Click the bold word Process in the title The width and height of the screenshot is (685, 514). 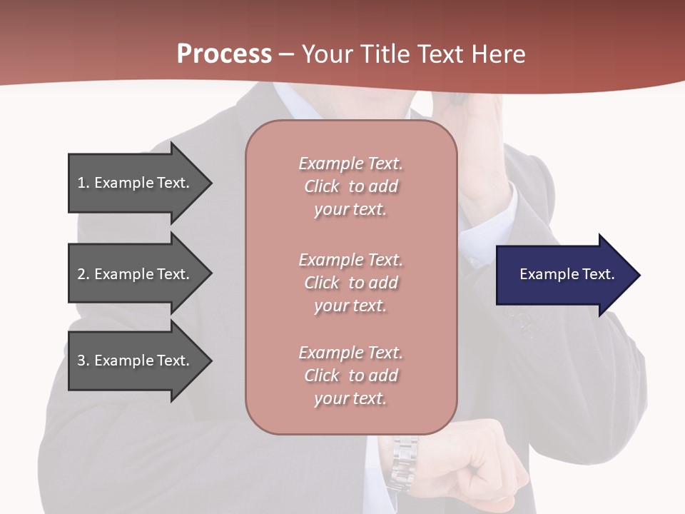click(224, 54)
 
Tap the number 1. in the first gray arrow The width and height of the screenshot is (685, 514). click(83, 183)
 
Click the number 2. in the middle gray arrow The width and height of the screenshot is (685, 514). click(83, 274)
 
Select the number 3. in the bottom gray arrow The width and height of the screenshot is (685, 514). click(83, 361)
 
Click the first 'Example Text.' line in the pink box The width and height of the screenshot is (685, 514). click(350, 163)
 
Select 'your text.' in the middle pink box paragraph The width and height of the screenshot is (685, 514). click(350, 306)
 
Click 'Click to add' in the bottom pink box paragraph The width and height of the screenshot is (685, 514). click(350, 376)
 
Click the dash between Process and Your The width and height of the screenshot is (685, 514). click(286, 54)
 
